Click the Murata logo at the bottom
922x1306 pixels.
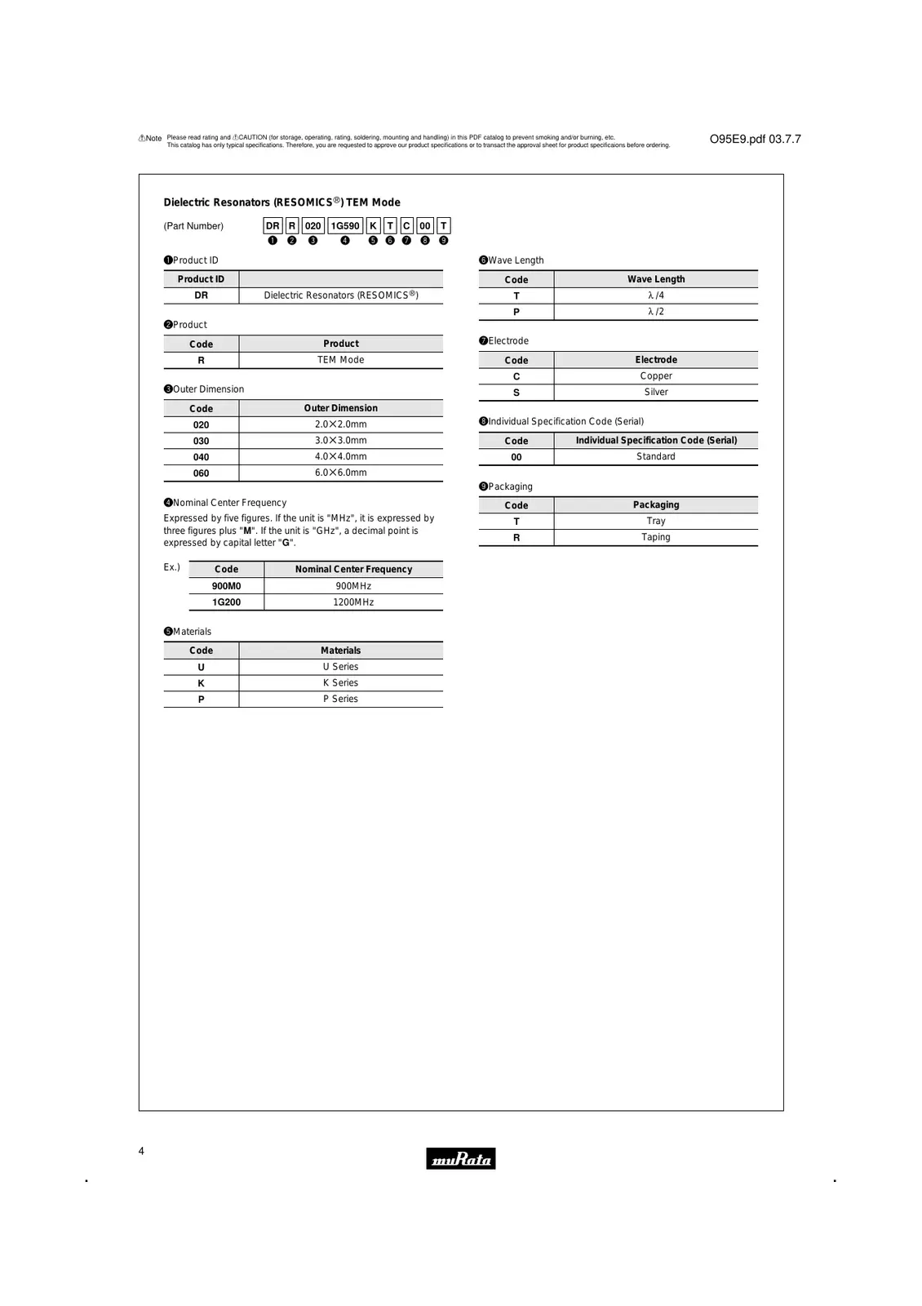click(x=460, y=1158)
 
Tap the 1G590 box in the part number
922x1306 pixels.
click(x=345, y=226)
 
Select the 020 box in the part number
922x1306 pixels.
click(x=313, y=226)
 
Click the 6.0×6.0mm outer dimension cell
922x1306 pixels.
click(x=340, y=473)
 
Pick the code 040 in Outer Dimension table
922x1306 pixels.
click(x=201, y=457)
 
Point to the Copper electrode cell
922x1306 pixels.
click(x=655, y=376)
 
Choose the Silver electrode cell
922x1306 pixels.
click(x=655, y=393)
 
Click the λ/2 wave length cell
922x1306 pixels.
click(x=655, y=312)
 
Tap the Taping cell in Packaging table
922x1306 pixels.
click(x=655, y=537)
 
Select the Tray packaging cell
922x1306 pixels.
click(x=655, y=521)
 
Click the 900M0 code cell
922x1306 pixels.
click(x=226, y=586)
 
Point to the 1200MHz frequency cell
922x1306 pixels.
click(x=353, y=602)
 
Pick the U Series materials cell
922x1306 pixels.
click(x=340, y=667)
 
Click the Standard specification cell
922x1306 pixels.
click(x=655, y=457)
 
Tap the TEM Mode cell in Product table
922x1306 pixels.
click(x=340, y=360)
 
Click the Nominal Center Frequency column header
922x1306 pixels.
click(x=353, y=569)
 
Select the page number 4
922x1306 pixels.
click(x=141, y=1151)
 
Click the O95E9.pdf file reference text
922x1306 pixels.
click(x=755, y=140)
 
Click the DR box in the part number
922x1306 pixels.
click(x=273, y=226)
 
